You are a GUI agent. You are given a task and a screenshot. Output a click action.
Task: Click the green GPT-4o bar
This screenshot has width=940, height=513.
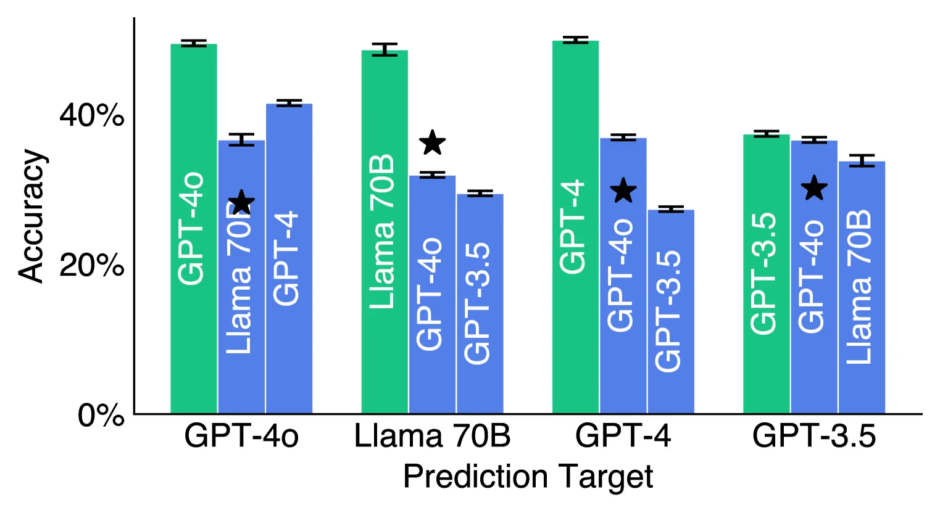tap(194, 228)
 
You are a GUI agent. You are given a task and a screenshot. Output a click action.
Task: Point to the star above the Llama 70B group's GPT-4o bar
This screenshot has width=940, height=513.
tap(433, 143)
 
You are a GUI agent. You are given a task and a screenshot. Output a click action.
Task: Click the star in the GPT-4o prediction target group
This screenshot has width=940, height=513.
tap(241, 202)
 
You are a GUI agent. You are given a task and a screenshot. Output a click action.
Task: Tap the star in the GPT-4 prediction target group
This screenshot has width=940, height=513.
tap(623, 191)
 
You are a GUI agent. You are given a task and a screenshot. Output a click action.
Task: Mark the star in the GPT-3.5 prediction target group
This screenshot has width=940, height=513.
tap(814, 188)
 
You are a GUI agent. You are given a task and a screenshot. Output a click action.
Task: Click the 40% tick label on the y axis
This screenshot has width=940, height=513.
tap(91, 115)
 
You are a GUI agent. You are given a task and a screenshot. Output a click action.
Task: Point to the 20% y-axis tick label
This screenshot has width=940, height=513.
tap(91, 266)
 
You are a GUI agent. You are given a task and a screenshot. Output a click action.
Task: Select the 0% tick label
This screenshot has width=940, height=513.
tap(101, 416)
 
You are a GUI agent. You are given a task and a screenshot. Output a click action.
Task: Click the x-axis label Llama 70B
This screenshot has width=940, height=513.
tap(432, 437)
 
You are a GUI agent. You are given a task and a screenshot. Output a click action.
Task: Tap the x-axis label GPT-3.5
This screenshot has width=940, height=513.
tap(813, 437)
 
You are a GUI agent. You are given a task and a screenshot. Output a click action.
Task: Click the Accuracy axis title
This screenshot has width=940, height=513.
tap(31, 216)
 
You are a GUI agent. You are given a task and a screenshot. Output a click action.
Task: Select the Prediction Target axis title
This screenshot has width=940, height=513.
tap(528, 477)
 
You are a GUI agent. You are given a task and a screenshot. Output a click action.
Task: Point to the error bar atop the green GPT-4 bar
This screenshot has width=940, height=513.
tap(575, 40)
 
